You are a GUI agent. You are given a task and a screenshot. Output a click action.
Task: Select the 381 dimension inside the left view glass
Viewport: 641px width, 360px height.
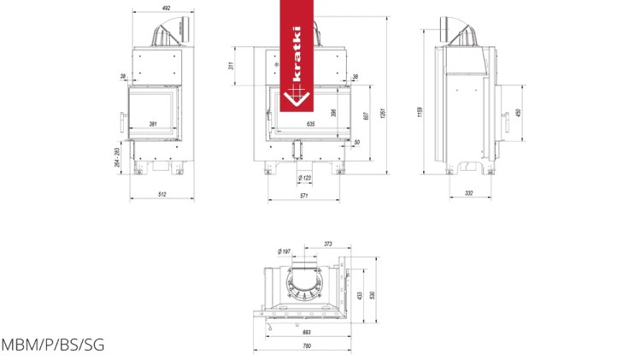[x=153, y=124]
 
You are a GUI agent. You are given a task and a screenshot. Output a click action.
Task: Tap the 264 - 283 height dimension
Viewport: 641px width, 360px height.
[x=117, y=156]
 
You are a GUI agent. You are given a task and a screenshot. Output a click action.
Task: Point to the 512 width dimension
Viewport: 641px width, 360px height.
[x=162, y=195]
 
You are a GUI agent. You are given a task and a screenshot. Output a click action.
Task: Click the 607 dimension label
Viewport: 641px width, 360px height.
[x=366, y=116]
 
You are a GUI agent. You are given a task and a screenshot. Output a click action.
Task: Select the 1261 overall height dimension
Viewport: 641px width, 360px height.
[x=384, y=112]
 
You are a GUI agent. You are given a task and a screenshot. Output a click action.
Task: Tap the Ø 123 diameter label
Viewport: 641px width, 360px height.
[x=305, y=178]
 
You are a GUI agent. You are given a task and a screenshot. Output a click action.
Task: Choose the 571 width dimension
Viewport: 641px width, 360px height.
[x=303, y=197]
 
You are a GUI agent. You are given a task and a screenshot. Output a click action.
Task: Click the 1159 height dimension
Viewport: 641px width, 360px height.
[x=420, y=112]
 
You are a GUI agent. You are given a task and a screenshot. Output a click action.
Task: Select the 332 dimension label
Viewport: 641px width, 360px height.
[x=468, y=193]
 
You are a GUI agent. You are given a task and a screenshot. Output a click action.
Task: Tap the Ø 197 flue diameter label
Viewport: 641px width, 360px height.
[x=284, y=251]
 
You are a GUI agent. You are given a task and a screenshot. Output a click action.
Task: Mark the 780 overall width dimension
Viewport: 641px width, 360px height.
[x=307, y=345]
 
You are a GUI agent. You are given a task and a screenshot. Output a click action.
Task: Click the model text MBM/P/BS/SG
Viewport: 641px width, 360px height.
[x=52, y=345]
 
